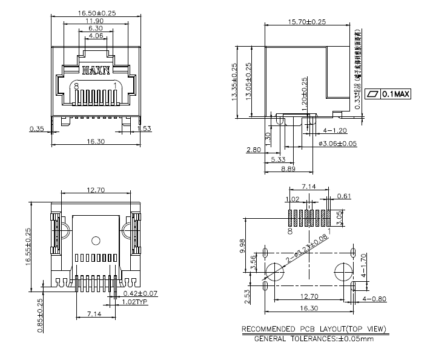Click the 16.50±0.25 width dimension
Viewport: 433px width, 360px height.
pos(96,12)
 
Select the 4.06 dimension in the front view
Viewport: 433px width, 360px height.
pos(95,36)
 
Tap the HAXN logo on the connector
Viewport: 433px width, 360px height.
pos(96,70)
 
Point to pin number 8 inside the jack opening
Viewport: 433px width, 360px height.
pos(76,85)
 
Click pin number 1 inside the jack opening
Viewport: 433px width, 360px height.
pos(115,85)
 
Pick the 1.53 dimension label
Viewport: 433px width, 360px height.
pos(144,128)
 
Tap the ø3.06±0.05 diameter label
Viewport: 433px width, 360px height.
pos(337,143)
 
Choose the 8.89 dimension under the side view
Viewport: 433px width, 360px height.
pos(288,169)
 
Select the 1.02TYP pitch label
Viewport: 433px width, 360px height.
pos(135,301)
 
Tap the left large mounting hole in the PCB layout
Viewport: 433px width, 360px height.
pos(275,271)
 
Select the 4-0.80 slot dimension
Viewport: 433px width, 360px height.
pos(374,299)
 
